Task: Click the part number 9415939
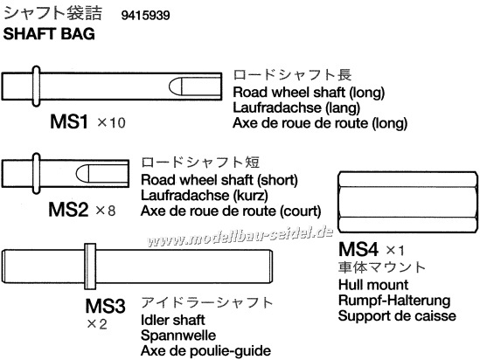pos(145,16)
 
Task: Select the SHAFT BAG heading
pos(49,33)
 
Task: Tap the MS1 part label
pos(69,121)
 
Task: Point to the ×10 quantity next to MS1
pos(111,122)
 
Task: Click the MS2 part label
pos(68,210)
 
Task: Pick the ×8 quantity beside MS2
pos(106,211)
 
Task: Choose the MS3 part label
pos(105,306)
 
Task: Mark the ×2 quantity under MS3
pos(97,324)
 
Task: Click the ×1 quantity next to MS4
pos(395,251)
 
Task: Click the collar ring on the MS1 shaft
pos(36,87)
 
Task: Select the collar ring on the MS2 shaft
pos(36,173)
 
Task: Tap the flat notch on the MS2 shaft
pos(102,173)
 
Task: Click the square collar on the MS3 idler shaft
pos(90,267)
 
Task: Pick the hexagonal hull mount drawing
pos(407,203)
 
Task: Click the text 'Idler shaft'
pos(172,320)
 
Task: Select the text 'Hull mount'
pos(373,285)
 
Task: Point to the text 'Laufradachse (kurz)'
pos(205,196)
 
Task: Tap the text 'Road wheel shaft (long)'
pos(309,93)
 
